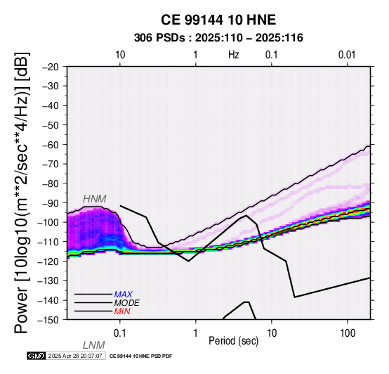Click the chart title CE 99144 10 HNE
point(218,20)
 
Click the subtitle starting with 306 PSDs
point(218,38)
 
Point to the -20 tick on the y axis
point(51,67)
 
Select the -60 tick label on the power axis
point(51,145)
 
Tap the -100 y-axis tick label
point(48,222)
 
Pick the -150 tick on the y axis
point(48,320)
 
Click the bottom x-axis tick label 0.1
point(120,333)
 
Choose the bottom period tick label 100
point(348,333)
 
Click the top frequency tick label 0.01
point(347,55)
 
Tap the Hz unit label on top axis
point(234,55)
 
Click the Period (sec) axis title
point(233,341)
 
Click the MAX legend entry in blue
point(124,295)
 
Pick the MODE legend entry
point(127,303)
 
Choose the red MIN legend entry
point(122,311)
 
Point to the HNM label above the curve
point(95,199)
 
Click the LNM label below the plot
point(94,345)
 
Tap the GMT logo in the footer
point(37,356)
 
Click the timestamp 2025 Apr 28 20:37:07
point(75,356)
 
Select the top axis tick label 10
point(120,55)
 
